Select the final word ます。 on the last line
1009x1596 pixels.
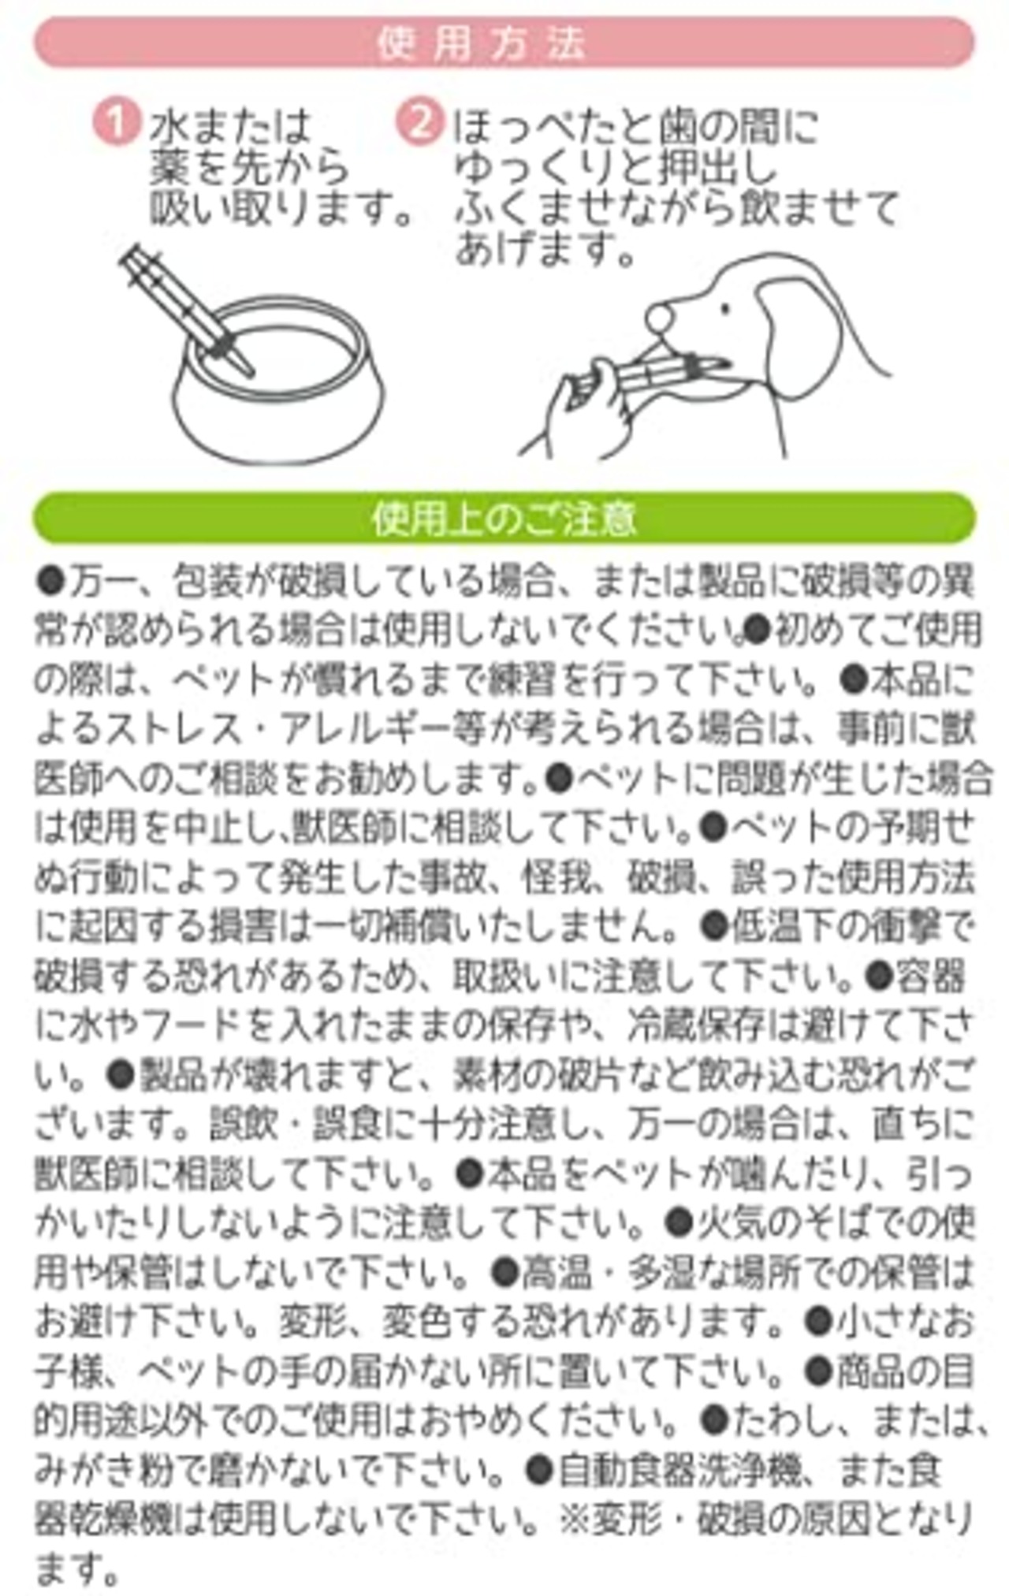pyautogui.click(x=77, y=1565)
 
